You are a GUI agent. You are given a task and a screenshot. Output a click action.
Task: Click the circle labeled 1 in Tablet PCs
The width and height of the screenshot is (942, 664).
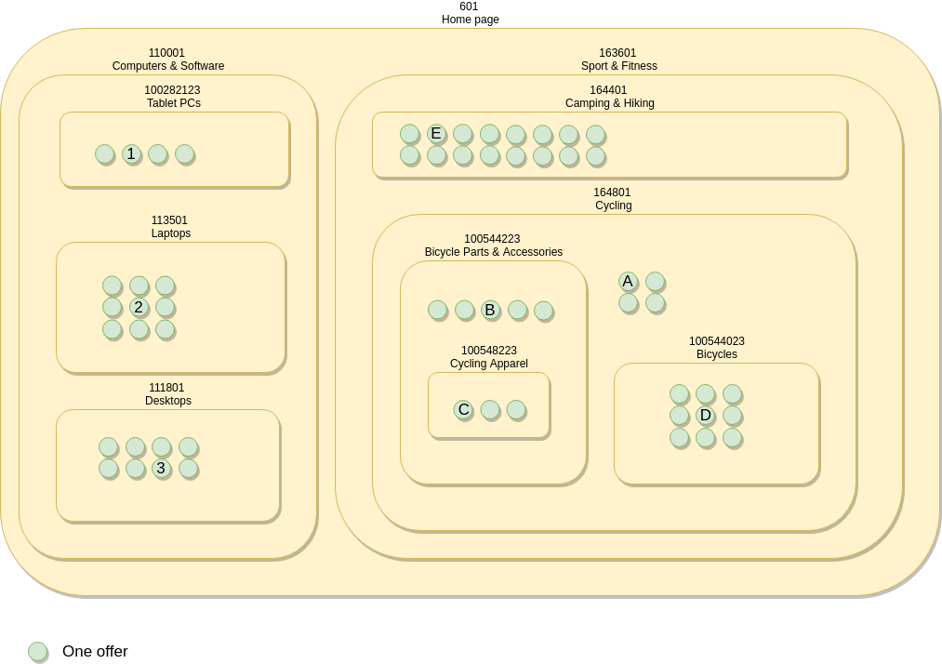tap(131, 153)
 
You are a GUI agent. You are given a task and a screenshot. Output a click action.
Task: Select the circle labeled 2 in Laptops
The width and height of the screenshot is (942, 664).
tap(139, 307)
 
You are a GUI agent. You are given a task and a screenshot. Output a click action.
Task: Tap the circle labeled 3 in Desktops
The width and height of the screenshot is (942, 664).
tap(161, 468)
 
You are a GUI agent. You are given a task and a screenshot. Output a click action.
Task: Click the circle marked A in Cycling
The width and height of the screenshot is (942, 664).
tap(628, 281)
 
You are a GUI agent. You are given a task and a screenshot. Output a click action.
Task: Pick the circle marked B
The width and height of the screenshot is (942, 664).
tap(490, 310)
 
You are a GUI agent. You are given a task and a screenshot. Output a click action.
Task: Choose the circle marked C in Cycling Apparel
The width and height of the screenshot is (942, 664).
tap(463, 409)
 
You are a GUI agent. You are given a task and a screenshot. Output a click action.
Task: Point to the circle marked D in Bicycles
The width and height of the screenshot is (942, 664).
tap(705, 415)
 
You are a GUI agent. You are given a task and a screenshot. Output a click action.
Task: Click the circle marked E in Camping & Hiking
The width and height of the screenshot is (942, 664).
tap(436, 133)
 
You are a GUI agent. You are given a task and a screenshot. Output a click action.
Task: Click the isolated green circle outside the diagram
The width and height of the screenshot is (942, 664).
tap(37, 651)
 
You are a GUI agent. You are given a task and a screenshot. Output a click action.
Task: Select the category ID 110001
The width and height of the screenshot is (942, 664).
tap(166, 53)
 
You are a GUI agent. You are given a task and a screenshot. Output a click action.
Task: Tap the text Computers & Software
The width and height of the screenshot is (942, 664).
tap(168, 66)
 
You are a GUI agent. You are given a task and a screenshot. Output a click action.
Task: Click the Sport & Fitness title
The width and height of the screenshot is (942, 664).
tap(618, 66)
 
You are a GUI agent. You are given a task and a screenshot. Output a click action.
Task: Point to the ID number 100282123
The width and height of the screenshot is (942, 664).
tap(172, 90)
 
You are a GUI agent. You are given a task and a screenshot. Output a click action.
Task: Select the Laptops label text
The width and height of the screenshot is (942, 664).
tap(171, 233)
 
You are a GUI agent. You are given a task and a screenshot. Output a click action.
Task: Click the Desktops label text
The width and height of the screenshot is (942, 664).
tap(168, 401)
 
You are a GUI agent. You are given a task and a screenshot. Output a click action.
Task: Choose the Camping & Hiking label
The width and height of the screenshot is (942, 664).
tap(609, 103)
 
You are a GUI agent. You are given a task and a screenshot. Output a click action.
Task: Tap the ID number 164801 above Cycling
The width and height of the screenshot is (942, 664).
tap(612, 193)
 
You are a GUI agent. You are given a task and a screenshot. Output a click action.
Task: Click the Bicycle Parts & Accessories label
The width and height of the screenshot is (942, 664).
tap(494, 252)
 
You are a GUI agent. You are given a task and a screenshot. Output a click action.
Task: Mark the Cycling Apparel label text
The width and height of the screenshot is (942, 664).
tap(489, 364)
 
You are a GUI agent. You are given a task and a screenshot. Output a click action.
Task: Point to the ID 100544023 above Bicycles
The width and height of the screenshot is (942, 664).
tap(716, 341)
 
